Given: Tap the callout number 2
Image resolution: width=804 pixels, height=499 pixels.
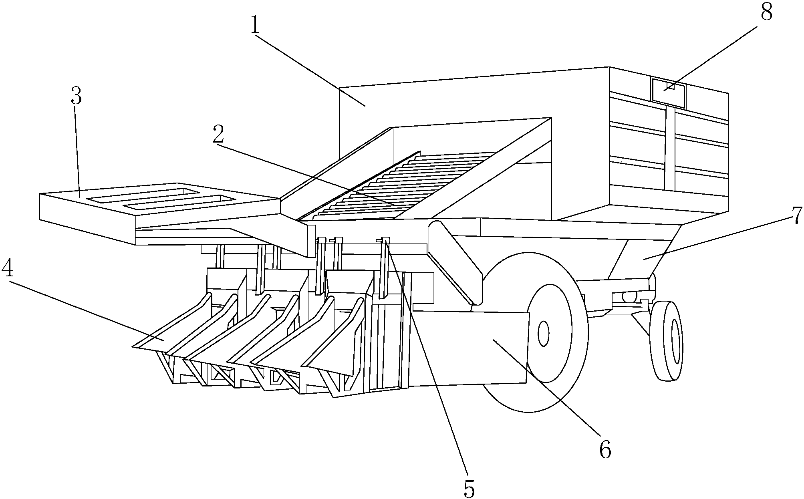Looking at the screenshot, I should (218, 135).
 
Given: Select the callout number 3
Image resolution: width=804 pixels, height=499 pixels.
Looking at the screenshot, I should (76, 97).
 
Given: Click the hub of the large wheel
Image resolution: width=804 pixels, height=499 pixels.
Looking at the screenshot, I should (544, 333).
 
